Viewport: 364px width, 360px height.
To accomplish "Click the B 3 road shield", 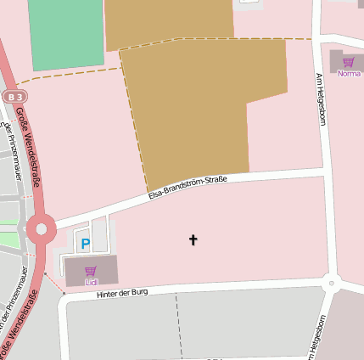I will pyautogui.click(x=13, y=97).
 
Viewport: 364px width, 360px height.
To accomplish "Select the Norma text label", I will pyautogui.click(x=349, y=74).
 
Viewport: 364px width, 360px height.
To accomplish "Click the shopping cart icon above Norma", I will pyautogui.click(x=349, y=62).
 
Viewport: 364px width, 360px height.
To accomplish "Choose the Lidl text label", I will pyautogui.click(x=91, y=281).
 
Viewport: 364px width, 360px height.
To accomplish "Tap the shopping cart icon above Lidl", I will pyautogui.click(x=91, y=271).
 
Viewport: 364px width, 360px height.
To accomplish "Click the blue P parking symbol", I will pyautogui.click(x=85, y=245).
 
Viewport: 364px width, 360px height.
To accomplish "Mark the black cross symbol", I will pyautogui.click(x=193, y=239).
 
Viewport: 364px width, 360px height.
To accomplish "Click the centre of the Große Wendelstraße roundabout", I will pyautogui.click(x=40, y=228).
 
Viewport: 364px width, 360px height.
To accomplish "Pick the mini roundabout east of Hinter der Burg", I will pyautogui.click(x=332, y=283).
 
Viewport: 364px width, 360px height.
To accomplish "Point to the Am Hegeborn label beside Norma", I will pyautogui.click(x=321, y=99).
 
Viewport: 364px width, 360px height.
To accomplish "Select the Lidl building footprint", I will pyautogui.click(x=92, y=270).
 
